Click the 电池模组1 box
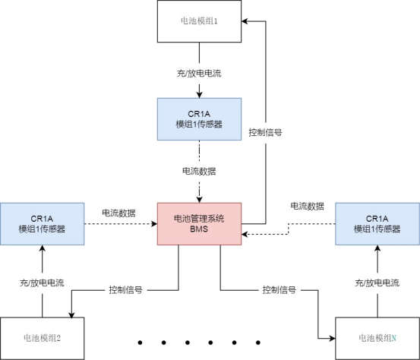click(199, 21)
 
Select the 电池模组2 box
click(42, 336)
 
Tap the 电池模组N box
click(377, 336)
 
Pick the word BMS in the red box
click(199, 230)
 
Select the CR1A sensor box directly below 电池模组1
click(199, 118)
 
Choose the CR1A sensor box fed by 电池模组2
click(42, 223)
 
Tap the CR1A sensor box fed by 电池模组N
click(377, 223)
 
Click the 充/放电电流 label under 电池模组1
click(199, 74)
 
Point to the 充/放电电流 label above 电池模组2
click(42, 283)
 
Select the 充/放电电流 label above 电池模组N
click(377, 283)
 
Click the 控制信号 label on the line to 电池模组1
click(266, 132)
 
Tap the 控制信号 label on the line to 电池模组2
click(126, 290)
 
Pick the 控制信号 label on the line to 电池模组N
click(279, 290)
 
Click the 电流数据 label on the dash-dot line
click(199, 172)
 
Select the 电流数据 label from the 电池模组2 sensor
click(118, 213)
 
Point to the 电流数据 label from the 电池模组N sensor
click(307, 206)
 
